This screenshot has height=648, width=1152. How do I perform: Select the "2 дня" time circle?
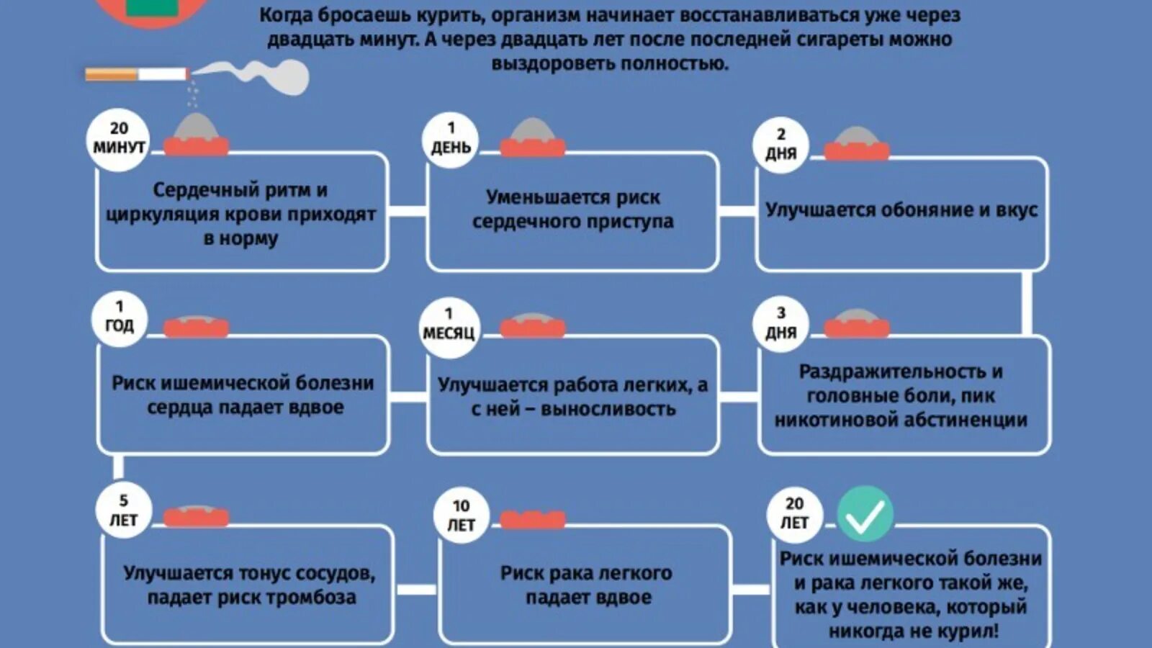[781, 145]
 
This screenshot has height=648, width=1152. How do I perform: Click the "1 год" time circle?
[120, 318]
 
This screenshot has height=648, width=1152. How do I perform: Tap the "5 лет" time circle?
[123, 511]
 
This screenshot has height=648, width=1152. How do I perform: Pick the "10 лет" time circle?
[461, 516]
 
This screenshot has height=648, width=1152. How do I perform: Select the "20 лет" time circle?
[794, 514]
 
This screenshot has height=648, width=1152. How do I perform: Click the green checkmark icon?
[865, 514]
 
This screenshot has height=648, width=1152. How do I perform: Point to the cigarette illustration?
[137, 73]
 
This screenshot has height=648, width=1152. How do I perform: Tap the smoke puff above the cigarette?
[266, 75]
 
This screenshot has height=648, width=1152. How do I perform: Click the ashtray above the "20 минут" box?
[196, 137]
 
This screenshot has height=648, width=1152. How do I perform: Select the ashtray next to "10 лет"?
[533, 518]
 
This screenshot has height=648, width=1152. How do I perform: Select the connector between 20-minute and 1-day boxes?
[408, 212]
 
